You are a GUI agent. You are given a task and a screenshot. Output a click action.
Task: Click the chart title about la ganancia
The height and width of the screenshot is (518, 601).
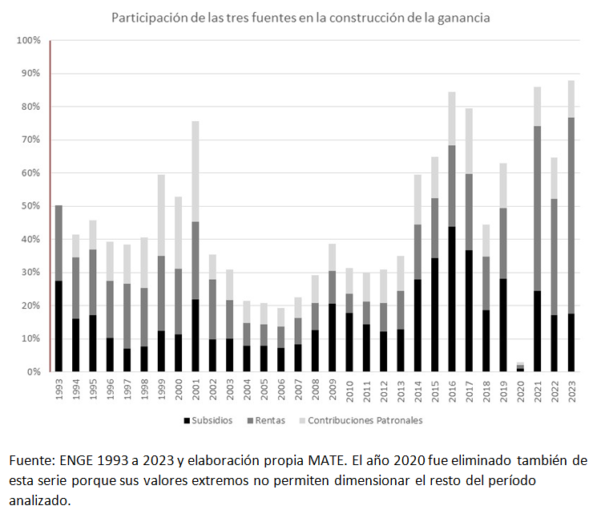coord(300,17)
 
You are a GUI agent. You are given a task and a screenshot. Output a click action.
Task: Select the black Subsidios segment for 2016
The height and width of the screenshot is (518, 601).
coord(452,299)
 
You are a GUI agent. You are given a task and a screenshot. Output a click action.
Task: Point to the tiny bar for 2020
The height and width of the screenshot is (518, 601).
coord(520,367)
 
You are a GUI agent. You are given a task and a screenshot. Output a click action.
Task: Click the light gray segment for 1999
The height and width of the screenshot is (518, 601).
coord(161,216)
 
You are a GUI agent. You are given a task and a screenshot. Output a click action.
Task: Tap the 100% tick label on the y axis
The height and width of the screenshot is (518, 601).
coord(27,40)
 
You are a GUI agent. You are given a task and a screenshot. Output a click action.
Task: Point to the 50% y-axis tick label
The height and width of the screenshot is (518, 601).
coord(30,206)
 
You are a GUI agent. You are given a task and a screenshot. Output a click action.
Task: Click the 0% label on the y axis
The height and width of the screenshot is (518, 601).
coord(33,372)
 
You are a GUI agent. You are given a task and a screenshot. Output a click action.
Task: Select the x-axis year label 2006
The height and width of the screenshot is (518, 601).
coord(280,391)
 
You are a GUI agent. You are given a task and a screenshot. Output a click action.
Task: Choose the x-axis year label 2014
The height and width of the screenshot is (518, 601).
coord(417,391)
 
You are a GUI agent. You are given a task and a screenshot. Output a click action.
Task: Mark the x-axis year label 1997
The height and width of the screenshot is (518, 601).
coord(127,391)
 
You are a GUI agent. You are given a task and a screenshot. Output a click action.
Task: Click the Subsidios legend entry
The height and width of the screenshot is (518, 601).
coord(209,420)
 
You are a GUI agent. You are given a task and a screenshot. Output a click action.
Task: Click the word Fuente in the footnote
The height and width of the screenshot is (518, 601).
coord(28,461)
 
